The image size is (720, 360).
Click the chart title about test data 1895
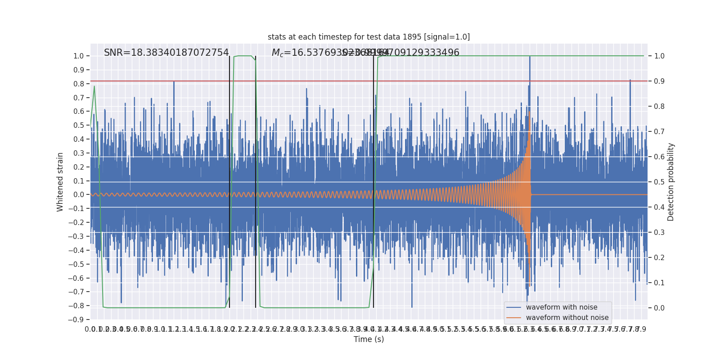click(x=369, y=37)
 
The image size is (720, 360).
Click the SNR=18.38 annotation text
click(x=166, y=53)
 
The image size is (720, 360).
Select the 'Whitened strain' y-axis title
click(x=60, y=182)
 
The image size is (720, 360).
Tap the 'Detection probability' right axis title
click(x=671, y=182)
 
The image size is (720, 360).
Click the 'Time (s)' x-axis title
click(x=369, y=339)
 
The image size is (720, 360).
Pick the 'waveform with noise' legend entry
click(x=562, y=307)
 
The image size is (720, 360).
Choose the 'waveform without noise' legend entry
click(x=567, y=318)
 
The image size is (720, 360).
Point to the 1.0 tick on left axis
click(x=78, y=56)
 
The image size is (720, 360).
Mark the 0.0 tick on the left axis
click(x=78, y=195)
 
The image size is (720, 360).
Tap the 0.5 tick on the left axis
click(x=78, y=126)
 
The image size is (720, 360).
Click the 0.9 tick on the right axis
click(x=659, y=81)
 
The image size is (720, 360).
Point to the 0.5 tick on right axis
click(x=659, y=182)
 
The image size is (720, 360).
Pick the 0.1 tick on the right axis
click(x=659, y=283)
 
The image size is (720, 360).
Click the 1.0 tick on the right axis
click(x=659, y=56)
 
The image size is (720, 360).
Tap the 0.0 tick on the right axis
click(x=659, y=308)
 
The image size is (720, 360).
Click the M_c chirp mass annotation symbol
click(x=277, y=53)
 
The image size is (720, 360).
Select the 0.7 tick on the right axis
click(x=659, y=132)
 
